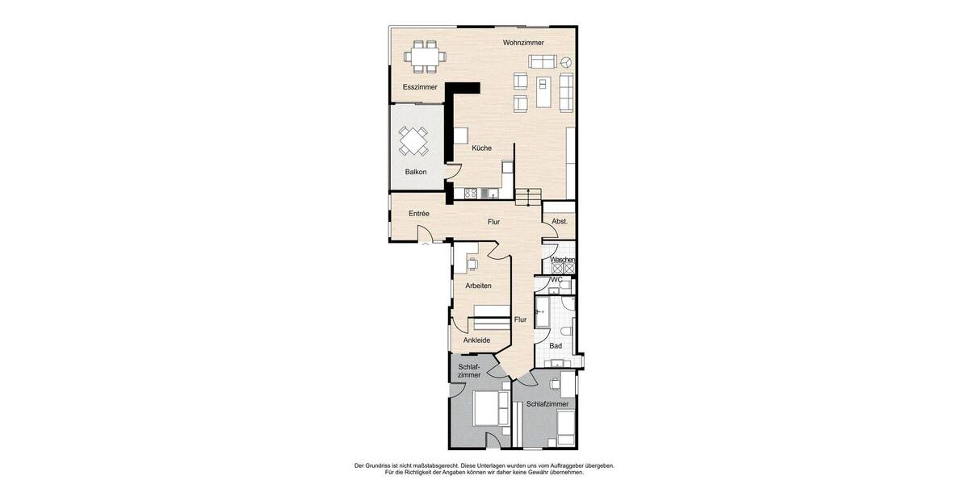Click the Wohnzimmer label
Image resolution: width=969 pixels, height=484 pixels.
click(522, 42)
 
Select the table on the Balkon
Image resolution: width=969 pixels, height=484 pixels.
click(414, 141)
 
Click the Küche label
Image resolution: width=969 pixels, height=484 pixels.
click(481, 148)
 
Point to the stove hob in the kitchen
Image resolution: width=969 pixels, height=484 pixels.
click(471, 193)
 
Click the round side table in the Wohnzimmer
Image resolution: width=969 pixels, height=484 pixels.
click(566, 61)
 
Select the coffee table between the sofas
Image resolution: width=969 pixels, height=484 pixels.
click(543, 90)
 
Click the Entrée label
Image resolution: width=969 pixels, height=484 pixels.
click(418, 213)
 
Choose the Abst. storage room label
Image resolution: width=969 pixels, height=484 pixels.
click(560, 221)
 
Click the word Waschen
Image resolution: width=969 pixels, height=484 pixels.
click(562, 260)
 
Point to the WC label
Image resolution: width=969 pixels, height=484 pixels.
click(556, 279)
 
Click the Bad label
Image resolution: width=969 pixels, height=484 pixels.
click(556, 345)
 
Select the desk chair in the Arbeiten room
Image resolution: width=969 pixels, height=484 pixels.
click(473, 262)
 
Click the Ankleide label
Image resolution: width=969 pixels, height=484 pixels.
click(476, 340)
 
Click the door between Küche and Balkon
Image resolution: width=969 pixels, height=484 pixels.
click(453, 171)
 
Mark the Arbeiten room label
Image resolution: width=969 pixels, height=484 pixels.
click(478, 286)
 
